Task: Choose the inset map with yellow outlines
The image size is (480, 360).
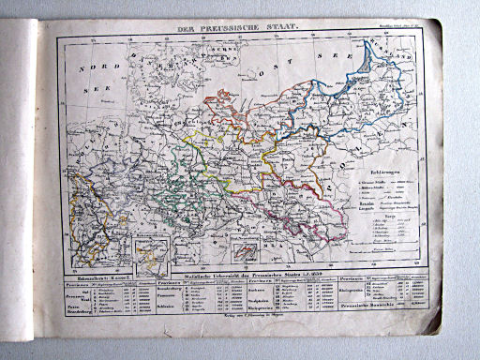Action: tap(151, 252)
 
